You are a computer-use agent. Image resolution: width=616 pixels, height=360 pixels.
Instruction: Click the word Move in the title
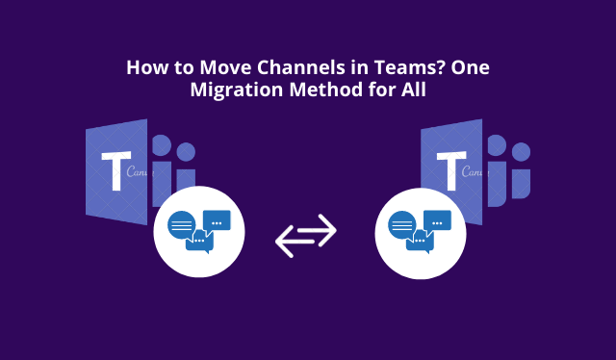click(x=220, y=69)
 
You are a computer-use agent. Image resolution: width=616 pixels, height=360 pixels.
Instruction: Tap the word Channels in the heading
click(x=295, y=69)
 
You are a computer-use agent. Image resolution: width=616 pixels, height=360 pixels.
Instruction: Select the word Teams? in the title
click(x=404, y=69)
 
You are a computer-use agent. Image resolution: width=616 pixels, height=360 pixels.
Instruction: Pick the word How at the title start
click(x=147, y=69)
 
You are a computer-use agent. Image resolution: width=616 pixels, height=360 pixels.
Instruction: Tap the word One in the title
click(x=470, y=69)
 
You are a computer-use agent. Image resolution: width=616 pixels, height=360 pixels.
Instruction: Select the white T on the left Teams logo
click(x=115, y=174)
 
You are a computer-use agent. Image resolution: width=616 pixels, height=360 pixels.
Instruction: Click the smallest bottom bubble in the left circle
click(x=199, y=242)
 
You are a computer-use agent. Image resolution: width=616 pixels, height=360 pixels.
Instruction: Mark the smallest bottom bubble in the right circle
click(x=419, y=242)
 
